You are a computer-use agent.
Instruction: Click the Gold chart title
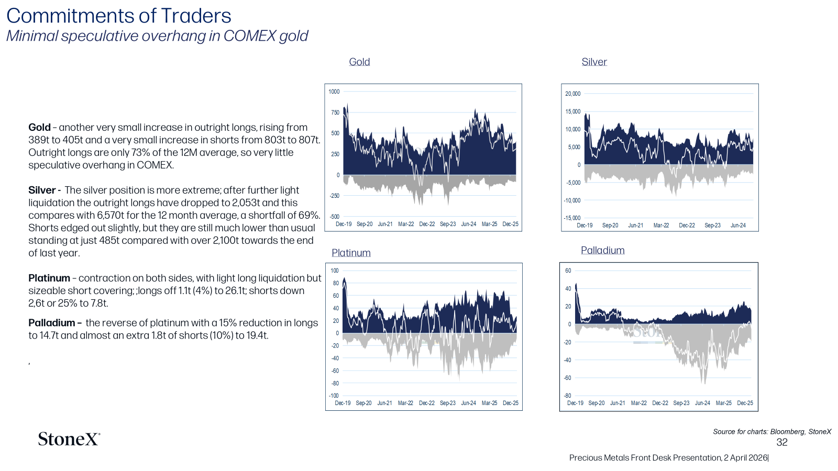[x=359, y=62]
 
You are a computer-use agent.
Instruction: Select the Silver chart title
[x=594, y=62]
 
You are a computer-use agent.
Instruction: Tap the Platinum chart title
[x=351, y=253]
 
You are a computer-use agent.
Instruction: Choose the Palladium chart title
[x=603, y=250]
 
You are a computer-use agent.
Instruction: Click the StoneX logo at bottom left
[x=69, y=439]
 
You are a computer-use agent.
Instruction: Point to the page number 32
[x=782, y=442]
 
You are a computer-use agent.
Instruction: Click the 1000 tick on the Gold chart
[x=334, y=92]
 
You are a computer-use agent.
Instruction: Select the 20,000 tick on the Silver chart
[x=573, y=94]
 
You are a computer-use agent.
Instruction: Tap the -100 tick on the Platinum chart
[x=333, y=396]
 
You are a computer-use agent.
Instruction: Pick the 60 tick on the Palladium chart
[x=568, y=271]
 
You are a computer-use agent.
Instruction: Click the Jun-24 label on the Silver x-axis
[x=738, y=226]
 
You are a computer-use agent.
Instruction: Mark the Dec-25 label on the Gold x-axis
[x=510, y=224]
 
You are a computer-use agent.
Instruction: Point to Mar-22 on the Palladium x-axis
[x=638, y=403]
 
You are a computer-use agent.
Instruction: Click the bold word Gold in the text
[x=39, y=128]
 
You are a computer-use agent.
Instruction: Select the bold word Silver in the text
[x=42, y=190]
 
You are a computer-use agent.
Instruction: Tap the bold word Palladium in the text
[x=52, y=323]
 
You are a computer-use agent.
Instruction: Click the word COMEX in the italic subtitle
[x=249, y=36]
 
